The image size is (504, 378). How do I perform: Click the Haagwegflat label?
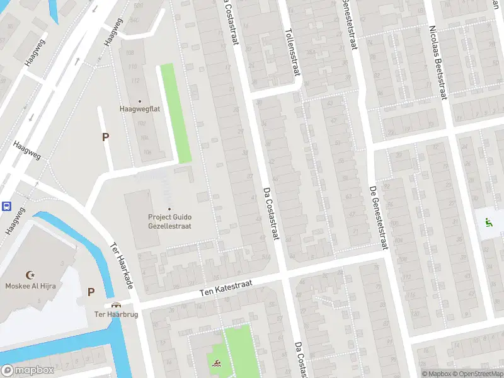click(140, 108)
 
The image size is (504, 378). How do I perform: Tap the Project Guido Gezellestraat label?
click(169, 221)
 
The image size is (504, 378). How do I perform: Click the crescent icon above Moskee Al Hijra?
click(29, 275)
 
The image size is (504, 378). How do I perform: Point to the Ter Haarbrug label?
click(107, 314)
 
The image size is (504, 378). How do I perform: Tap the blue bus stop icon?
click(6, 206)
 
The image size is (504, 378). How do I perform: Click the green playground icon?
click(488, 222)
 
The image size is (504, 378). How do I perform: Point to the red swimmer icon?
click(216, 363)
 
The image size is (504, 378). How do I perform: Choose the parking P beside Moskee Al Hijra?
click(91, 292)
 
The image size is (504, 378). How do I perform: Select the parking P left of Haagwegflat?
click(105, 137)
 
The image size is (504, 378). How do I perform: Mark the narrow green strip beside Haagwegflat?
click(175, 113)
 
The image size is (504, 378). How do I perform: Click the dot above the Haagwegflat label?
click(140, 100)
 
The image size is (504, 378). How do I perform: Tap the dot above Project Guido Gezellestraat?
click(169, 209)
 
